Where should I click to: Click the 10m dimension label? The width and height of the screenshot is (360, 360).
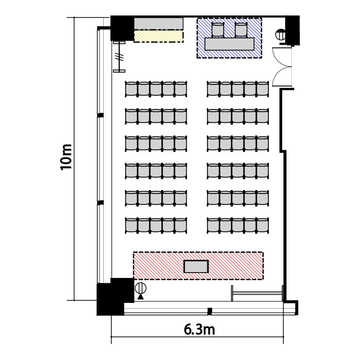click(66, 157)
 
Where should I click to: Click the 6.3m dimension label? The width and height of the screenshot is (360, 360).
click(199, 330)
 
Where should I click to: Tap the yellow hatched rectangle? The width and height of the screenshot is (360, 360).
click(158, 37)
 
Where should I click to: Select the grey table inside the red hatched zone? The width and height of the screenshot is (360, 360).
click(196, 266)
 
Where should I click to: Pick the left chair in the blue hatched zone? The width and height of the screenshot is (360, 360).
click(217, 30)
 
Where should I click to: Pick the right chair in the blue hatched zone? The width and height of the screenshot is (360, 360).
click(240, 30)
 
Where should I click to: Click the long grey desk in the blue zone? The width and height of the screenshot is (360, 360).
click(229, 44)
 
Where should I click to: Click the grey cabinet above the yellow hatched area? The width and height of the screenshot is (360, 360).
click(158, 24)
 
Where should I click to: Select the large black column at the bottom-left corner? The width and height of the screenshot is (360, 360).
click(115, 297)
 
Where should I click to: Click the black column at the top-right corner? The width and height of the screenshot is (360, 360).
click(292, 30)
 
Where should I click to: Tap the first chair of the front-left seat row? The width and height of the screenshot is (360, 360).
click(132, 89)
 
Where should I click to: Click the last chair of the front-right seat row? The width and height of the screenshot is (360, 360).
click(263, 89)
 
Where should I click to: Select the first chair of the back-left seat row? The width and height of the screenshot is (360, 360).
click(132, 226)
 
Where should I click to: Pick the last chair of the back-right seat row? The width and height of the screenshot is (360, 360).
click(263, 226)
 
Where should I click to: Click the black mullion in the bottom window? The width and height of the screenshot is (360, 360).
click(210, 312)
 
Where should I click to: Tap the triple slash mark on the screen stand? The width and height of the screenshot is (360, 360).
click(120, 57)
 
